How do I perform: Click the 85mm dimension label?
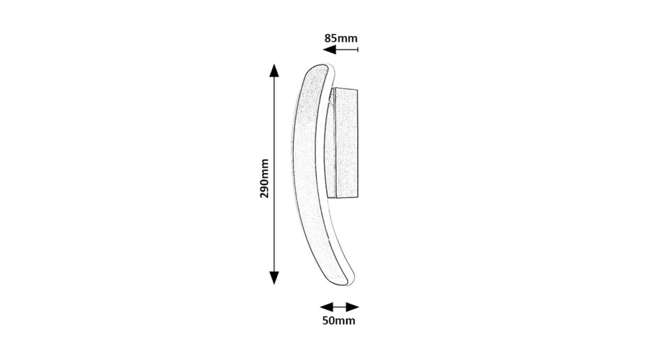click(x=341, y=38)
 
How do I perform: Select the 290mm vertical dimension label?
click(x=264, y=179)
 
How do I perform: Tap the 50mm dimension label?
click(x=338, y=320)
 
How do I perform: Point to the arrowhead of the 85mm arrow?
click(x=329, y=50)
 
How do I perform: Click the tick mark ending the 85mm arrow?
click(x=358, y=50)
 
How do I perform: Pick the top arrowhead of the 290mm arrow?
click(x=274, y=71)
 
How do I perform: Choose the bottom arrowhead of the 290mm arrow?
click(x=274, y=278)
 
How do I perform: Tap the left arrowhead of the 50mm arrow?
click(x=326, y=307)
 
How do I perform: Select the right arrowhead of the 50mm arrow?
click(x=353, y=307)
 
